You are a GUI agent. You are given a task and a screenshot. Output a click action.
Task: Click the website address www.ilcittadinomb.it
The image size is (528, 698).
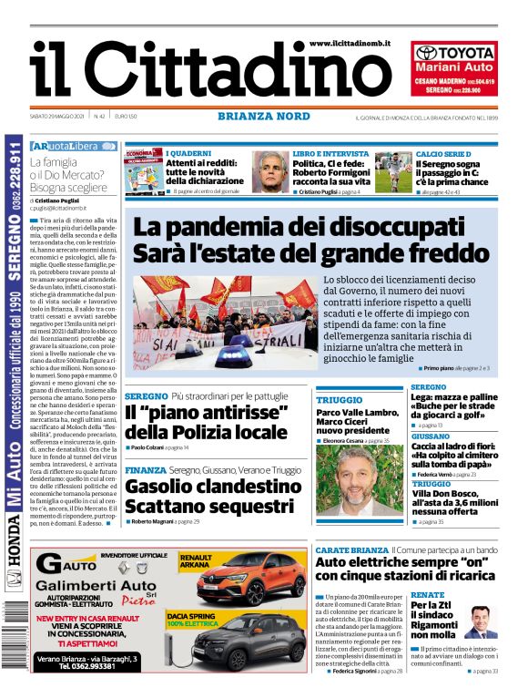point(350,44)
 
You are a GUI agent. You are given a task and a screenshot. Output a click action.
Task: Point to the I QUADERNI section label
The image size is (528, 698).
point(188,153)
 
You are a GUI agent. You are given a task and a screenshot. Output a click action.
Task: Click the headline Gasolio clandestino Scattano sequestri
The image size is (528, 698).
point(201,497)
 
